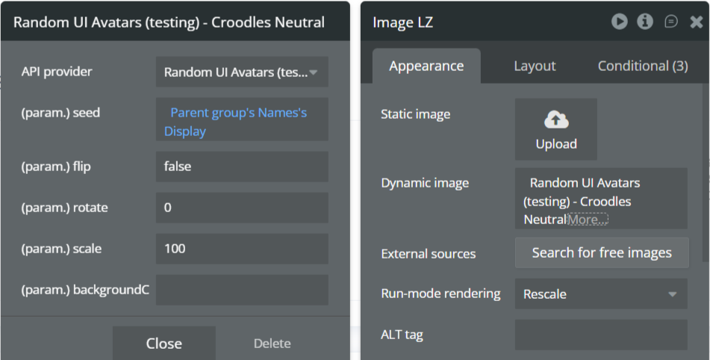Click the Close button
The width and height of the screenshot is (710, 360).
tap(164, 343)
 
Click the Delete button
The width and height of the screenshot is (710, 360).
tap(272, 343)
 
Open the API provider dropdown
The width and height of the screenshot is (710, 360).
tap(242, 72)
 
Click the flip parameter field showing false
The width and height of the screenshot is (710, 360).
tap(242, 167)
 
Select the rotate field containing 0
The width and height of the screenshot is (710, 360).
tap(242, 208)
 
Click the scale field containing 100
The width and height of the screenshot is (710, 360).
tap(242, 249)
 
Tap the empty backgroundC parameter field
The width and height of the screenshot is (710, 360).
tap(242, 290)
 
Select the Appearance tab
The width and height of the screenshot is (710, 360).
tap(426, 66)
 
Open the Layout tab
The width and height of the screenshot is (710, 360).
tap(535, 66)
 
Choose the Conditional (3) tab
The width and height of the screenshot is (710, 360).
tap(643, 66)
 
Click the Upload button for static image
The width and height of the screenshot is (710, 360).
tap(556, 129)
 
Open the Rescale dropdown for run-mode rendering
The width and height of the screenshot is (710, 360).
tap(600, 294)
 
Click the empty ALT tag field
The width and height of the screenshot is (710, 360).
tap(600, 335)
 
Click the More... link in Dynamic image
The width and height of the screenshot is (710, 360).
tap(588, 220)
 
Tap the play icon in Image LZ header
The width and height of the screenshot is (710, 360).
tap(619, 22)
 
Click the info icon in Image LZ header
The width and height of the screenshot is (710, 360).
tap(645, 22)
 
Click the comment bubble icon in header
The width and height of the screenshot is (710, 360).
tap(671, 22)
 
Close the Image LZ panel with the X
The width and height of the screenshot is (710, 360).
tap(696, 22)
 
